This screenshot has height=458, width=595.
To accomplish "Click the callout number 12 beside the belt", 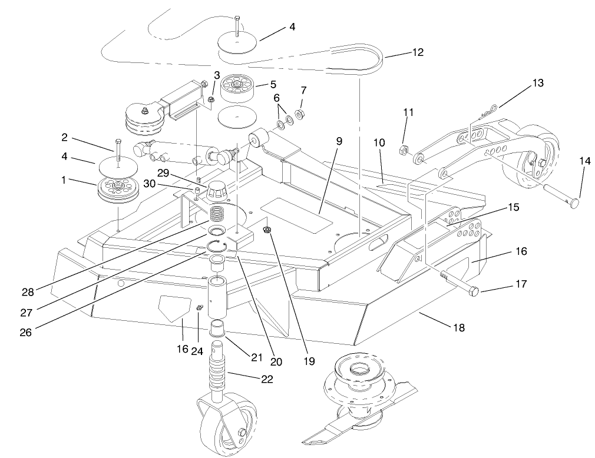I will [x=417, y=52].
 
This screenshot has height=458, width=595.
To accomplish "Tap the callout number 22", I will [x=267, y=379].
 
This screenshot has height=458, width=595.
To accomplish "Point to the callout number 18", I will [x=458, y=328].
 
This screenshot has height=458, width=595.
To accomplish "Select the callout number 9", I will [x=339, y=142].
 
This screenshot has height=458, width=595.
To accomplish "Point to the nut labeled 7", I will [x=299, y=114].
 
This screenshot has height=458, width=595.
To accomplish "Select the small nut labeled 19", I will [x=267, y=229].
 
